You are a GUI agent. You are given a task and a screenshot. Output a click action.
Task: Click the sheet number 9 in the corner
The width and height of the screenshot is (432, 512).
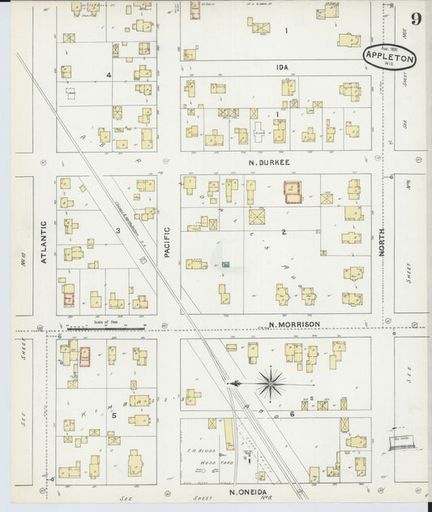(x=414, y=19)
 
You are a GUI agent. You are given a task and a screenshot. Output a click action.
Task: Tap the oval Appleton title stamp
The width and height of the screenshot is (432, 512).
(x=389, y=56)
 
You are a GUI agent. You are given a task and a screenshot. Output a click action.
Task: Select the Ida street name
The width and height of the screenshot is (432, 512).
(x=282, y=67)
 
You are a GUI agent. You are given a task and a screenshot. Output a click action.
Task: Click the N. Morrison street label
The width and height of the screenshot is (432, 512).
(x=293, y=324)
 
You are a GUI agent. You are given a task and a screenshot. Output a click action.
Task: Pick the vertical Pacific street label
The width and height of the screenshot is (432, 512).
(x=167, y=243)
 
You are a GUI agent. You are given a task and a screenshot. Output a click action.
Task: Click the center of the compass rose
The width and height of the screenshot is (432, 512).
(x=270, y=381)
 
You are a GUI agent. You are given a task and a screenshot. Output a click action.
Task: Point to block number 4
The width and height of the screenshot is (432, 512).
(x=108, y=75)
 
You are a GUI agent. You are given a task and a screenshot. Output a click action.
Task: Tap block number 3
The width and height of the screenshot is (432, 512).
(x=118, y=230)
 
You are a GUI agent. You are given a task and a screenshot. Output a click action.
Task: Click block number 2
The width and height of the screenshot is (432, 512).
(x=284, y=232)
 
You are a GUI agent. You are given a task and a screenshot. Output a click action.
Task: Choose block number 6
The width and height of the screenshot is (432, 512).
(x=291, y=415)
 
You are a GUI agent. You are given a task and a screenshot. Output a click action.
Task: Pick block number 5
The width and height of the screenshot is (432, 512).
(x=114, y=415)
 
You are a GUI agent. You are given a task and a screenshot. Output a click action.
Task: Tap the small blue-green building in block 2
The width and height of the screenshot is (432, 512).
(x=226, y=265)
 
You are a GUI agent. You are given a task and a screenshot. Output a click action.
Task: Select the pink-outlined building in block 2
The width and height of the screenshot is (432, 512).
(x=291, y=192)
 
